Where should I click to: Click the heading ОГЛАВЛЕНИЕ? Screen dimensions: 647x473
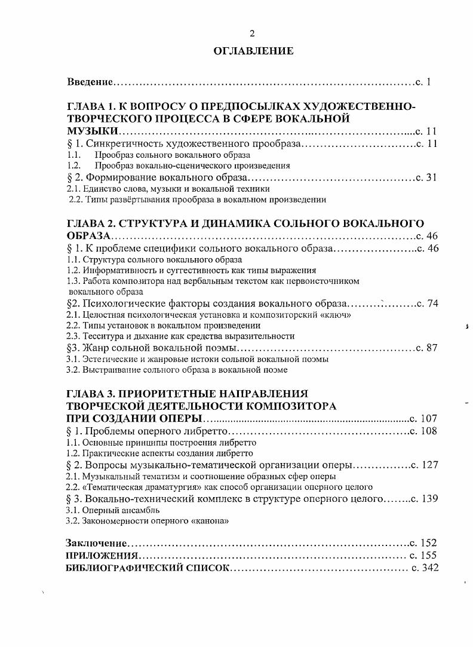(x=253, y=51)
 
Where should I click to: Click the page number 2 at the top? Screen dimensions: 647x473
(x=252, y=33)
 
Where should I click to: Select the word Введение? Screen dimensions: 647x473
(x=90, y=81)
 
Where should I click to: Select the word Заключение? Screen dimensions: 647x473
(x=96, y=543)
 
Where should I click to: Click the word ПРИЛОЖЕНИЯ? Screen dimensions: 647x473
(x=98, y=555)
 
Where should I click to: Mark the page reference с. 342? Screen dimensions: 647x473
(x=425, y=568)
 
